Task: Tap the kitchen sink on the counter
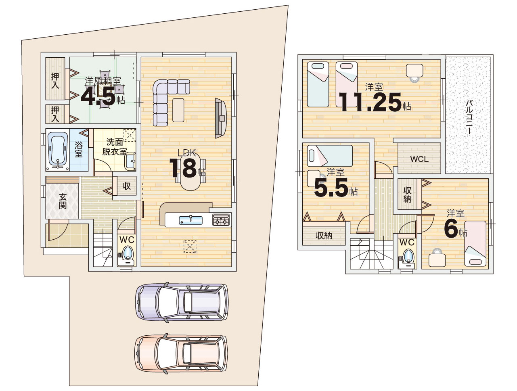coord(190,220)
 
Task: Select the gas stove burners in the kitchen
coord(221,220)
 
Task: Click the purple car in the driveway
coord(182,302)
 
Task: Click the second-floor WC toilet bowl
coord(408,256)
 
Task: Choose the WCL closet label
coord(419,159)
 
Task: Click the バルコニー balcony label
coord(469,117)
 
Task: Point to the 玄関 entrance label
coord(63,201)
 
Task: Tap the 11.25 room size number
coord(370,102)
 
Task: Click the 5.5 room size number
coord(331,187)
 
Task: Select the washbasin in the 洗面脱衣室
coord(130,161)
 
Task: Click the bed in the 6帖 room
coord(475,243)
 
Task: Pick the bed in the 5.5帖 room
coord(330,156)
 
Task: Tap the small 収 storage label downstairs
coord(127,186)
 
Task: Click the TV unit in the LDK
coord(221,118)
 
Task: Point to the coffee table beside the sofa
coord(178,110)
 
